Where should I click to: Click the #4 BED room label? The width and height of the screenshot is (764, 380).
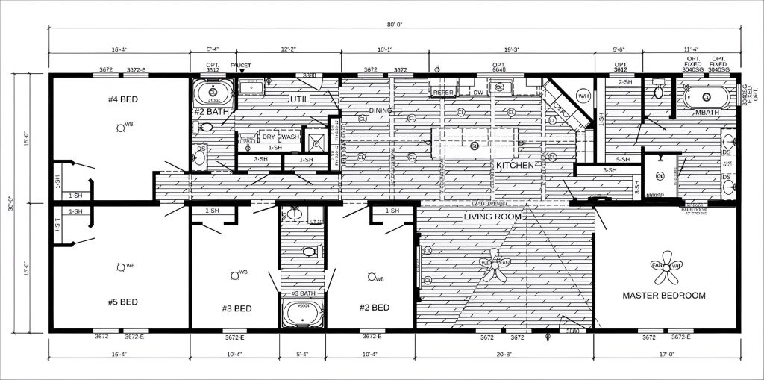point(124,99)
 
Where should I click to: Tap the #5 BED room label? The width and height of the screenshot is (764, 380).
point(123,302)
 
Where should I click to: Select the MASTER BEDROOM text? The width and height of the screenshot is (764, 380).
point(664,296)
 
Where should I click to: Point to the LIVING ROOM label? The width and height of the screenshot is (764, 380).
point(492,217)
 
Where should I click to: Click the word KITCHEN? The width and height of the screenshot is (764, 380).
point(516,164)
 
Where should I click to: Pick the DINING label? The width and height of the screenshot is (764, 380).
point(381,111)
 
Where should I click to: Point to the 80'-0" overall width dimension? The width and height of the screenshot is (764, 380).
point(393,25)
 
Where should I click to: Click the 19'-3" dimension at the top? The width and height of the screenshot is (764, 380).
point(512,49)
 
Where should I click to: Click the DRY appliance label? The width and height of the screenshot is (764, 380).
point(269,137)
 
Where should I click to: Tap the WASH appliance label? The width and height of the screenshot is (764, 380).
point(290,137)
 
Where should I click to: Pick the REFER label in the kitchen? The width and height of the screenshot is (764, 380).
point(443,93)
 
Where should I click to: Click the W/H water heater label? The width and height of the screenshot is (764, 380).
point(583,96)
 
